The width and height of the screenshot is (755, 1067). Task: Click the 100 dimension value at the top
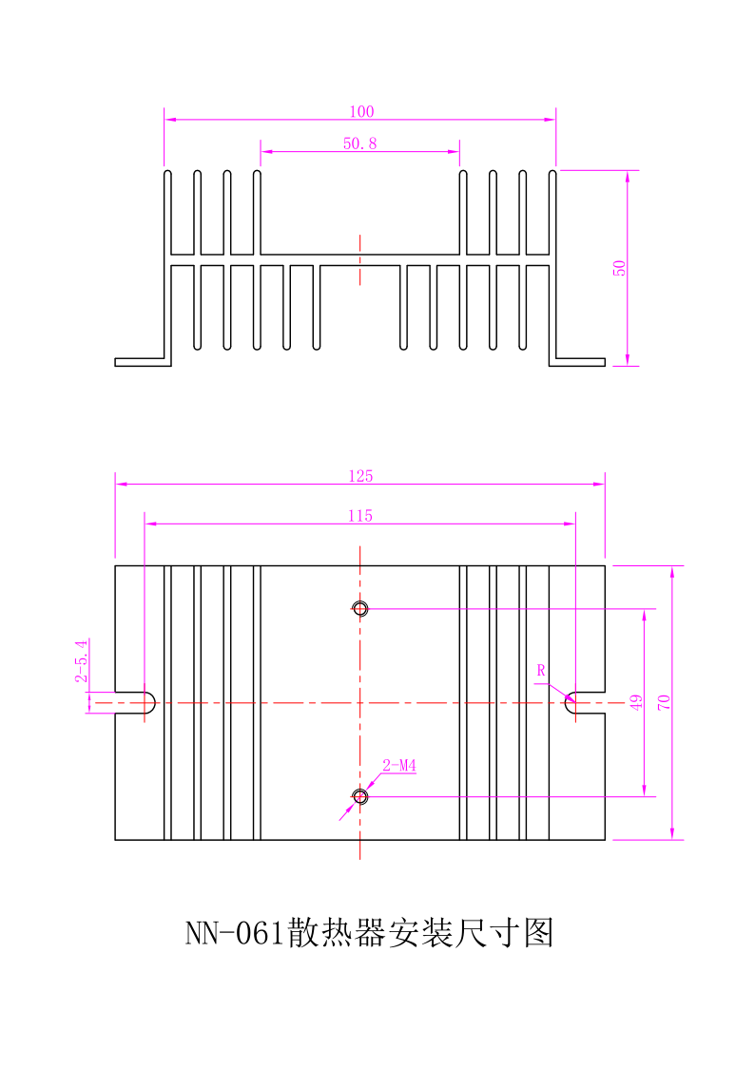click(361, 112)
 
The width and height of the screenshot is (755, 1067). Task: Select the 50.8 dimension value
click(360, 143)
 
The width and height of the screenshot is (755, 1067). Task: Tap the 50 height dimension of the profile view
click(619, 268)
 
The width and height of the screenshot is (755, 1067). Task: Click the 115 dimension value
click(360, 516)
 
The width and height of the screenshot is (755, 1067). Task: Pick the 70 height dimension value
click(665, 703)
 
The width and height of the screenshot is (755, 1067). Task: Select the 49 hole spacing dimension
click(636, 703)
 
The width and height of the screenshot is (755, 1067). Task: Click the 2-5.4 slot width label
click(81, 661)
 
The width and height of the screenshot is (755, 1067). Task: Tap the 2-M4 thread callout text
click(400, 766)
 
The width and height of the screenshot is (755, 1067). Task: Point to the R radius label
click(541, 671)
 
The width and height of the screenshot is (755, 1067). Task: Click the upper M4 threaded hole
click(360, 608)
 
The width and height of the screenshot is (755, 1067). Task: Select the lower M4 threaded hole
click(360, 796)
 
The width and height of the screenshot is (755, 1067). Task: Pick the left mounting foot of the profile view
click(140, 362)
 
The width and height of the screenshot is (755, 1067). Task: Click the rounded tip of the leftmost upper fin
click(167, 174)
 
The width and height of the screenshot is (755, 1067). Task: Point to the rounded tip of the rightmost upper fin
click(553, 174)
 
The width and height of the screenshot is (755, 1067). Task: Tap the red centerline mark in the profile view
click(360, 259)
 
